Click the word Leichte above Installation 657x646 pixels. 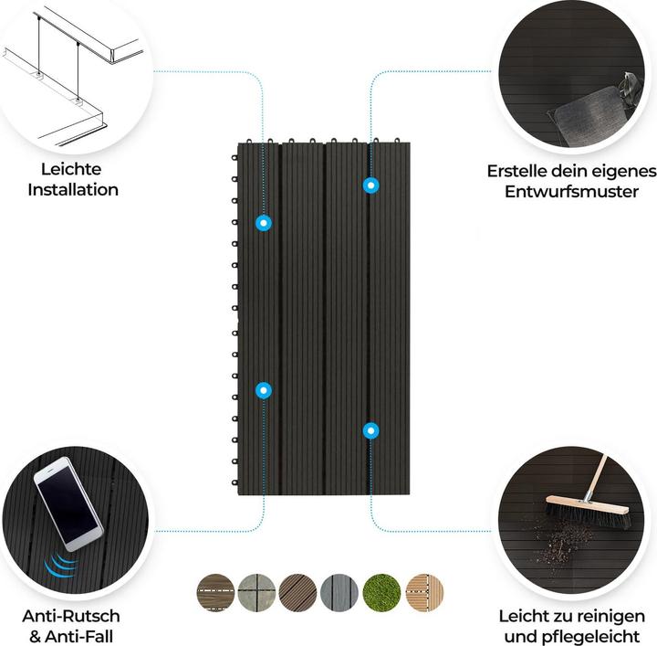[71, 169]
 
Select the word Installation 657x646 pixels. [73, 190]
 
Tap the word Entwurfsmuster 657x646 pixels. [571, 192]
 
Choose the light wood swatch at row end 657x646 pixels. [424, 593]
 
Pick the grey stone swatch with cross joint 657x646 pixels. [256, 593]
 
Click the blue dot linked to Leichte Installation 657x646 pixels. [264, 222]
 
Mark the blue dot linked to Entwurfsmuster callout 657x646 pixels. [370, 185]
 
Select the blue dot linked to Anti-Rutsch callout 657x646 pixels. [264, 390]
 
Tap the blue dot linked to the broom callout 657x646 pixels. [370, 429]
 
